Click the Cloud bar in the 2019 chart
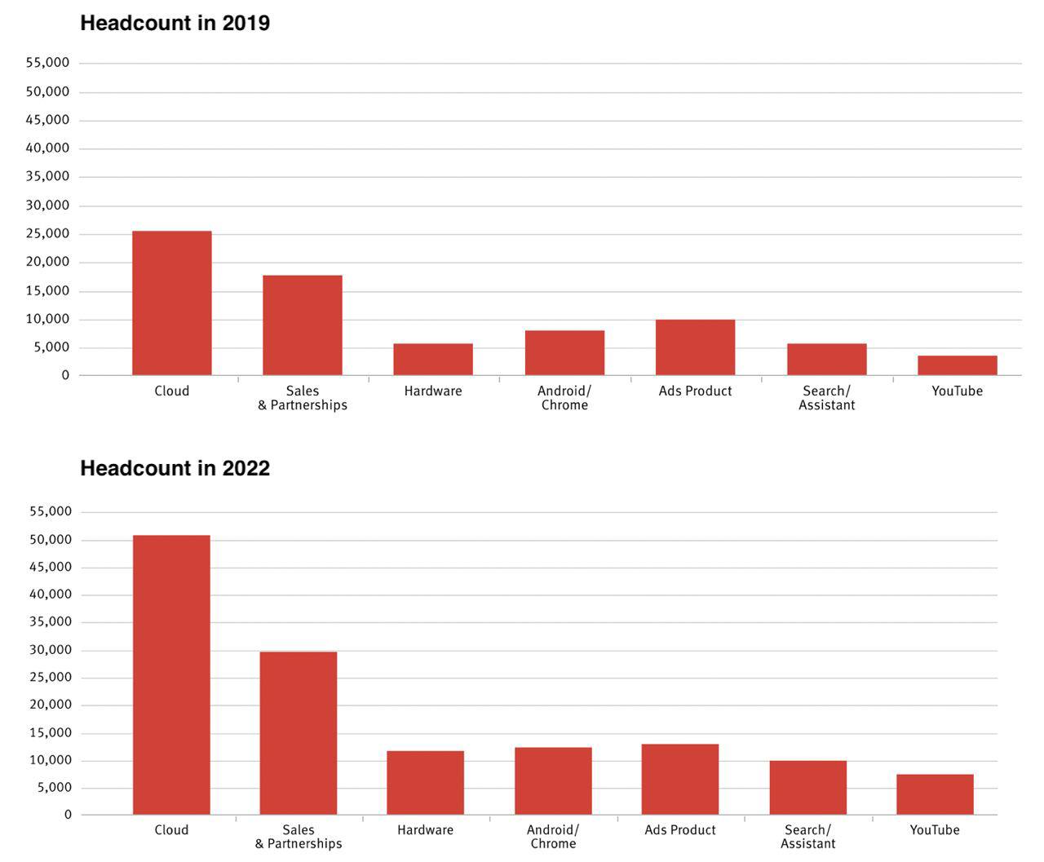point(171,303)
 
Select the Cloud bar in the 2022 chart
point(171,674)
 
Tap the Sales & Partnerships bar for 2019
point(303,325)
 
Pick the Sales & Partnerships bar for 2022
point(299,733)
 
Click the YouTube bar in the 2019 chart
point(958,365)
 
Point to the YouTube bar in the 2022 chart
point(935,794)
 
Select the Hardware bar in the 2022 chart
point(426,783)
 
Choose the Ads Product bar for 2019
point(696,347)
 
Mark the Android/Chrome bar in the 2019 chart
point(564,352)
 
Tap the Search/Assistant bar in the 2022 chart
point(808,788)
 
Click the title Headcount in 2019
point(175,23)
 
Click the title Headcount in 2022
point(175,468)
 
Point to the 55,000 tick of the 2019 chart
point(47,63)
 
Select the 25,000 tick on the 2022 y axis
point(51,677)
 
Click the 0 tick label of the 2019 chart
point(65,375)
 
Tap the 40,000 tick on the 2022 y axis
point(51,594)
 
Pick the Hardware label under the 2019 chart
point(433,391)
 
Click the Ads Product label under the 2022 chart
point(680,830)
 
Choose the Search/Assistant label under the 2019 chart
point(826,398)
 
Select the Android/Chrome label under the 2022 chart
point(553,837)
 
